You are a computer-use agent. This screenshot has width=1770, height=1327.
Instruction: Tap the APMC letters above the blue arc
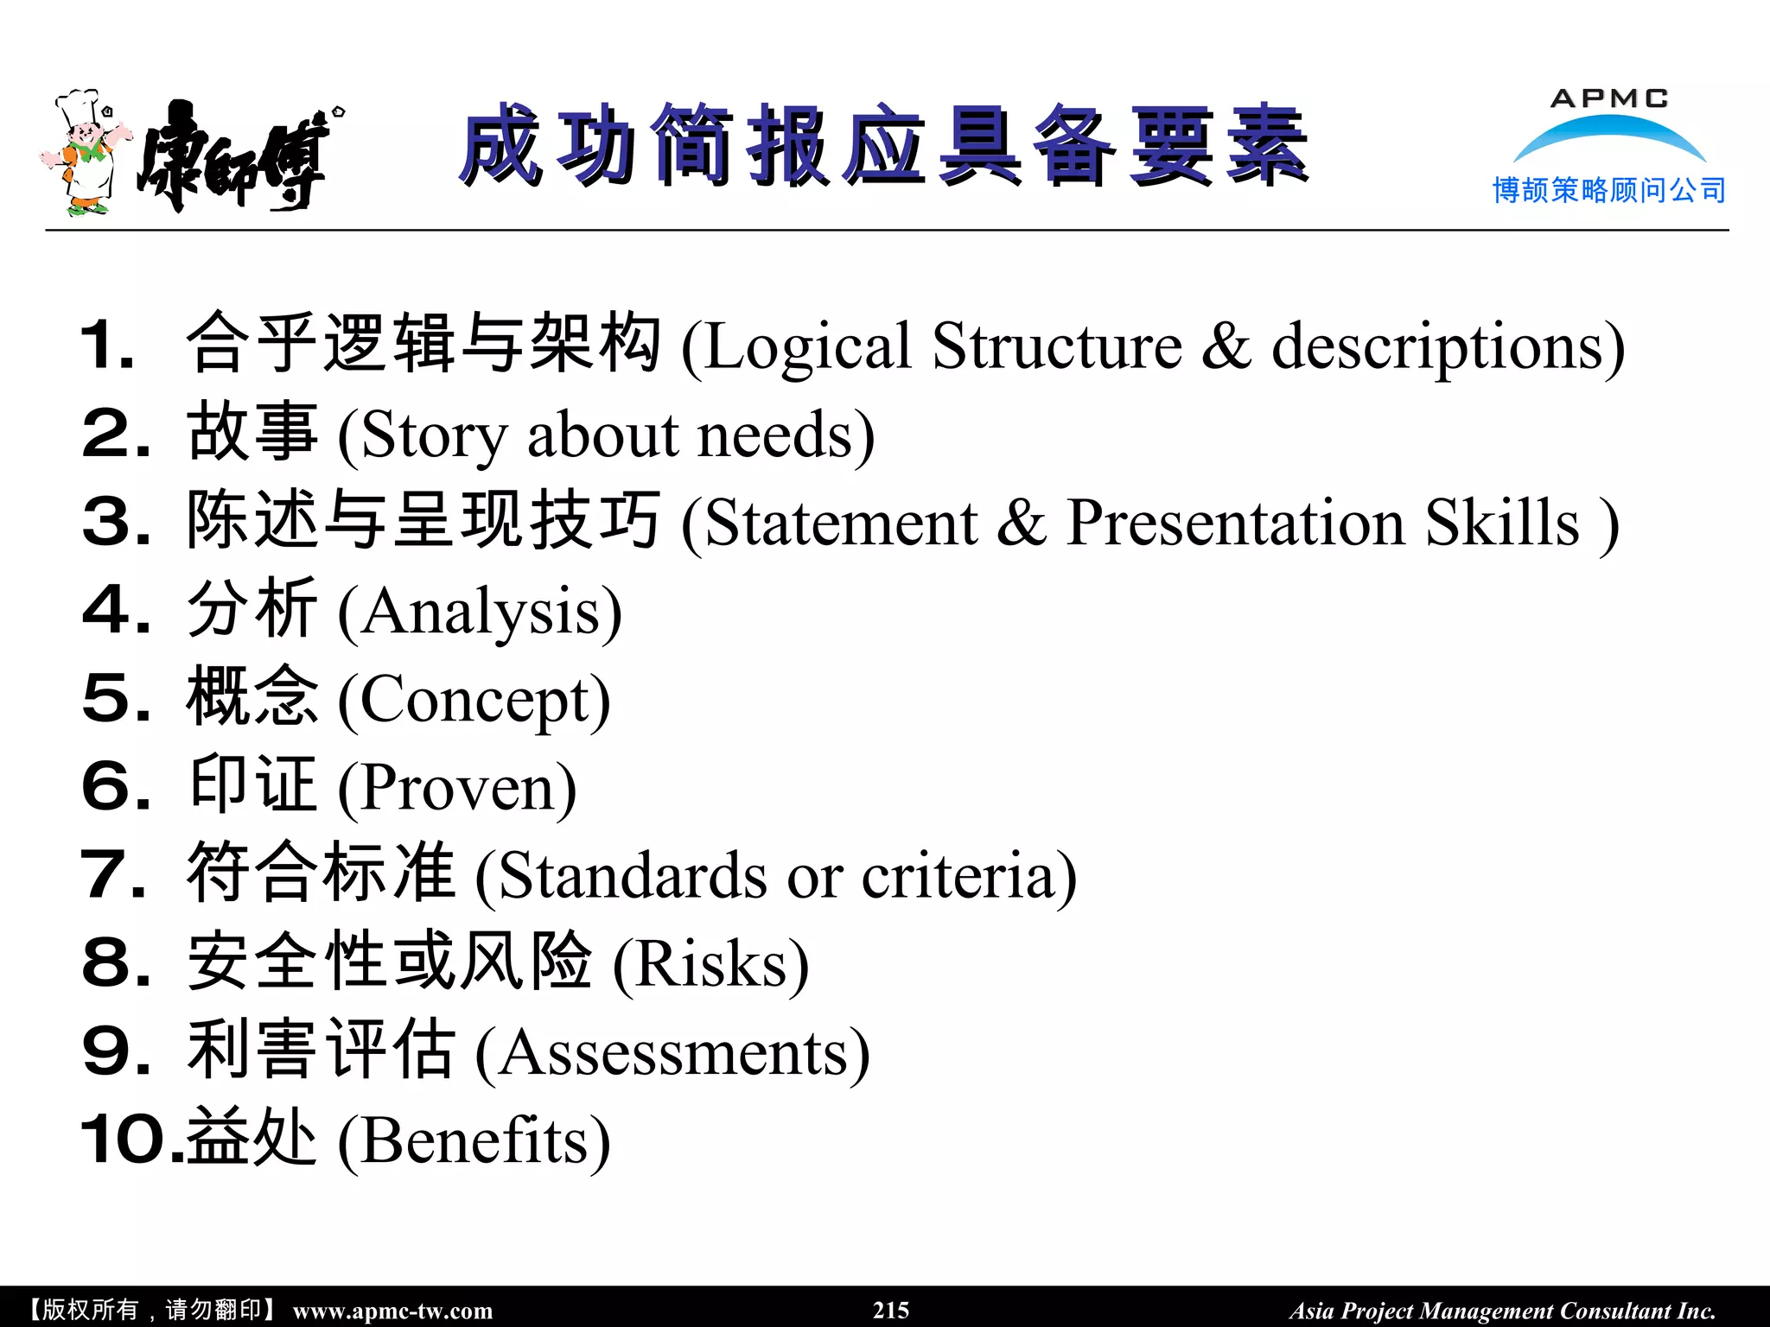coord(1608,98)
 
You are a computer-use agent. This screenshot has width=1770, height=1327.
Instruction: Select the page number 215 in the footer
coord(890,1310)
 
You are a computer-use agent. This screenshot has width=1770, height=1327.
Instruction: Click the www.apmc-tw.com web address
coord(392,1311)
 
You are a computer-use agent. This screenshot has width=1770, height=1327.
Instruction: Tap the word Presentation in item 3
coord(1235,524)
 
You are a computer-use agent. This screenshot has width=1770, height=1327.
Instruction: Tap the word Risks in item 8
coord(710,964)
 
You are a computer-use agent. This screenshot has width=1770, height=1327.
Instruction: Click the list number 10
coord(128,1140)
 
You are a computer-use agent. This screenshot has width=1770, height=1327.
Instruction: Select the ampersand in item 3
coord(1022,524)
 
